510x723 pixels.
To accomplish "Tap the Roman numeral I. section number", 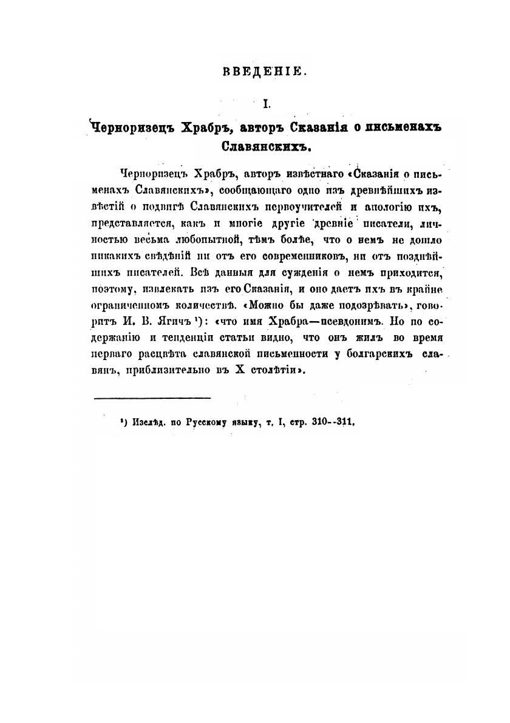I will click(x=265, y=105).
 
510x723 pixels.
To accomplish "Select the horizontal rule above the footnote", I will click(x=152, y=398).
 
